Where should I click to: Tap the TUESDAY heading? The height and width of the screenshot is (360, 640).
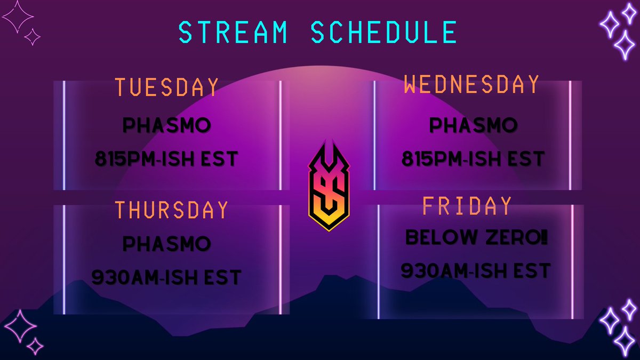(x=167, y=87)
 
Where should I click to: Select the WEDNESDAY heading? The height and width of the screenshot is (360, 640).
(x=471, y=84)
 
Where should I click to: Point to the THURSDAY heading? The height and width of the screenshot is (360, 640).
(x=172, y=210)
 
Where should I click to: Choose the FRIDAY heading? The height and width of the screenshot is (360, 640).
(x=467, y=206)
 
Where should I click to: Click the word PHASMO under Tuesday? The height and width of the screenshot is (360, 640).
(x=167, y=126)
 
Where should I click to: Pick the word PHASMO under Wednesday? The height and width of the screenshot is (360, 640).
(x=474, y=126)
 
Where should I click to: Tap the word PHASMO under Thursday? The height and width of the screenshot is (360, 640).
(x=167, y=244)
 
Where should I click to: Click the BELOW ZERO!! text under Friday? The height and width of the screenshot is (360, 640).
(x=477, y=238)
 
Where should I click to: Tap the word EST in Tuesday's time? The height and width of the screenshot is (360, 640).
(x=217, y=159)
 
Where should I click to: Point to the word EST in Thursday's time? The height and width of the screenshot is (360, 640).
(x=220, y=277)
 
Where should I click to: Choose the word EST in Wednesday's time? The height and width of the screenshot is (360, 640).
(x=524, y=159)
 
